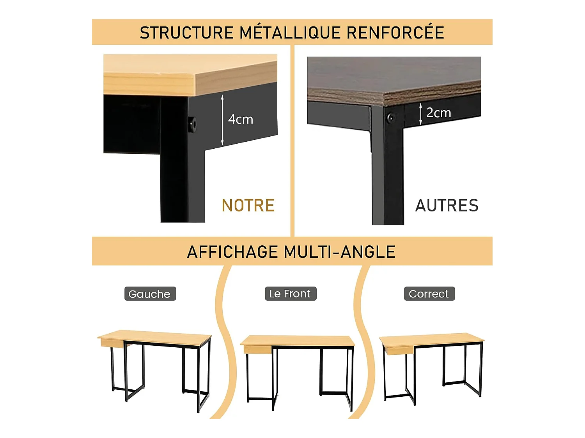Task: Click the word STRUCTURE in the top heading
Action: coord(186,32)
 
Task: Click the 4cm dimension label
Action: coord(240,120)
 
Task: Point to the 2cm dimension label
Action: coord(439,113)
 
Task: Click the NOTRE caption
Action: coord(248,205)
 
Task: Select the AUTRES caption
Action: coord(447,205)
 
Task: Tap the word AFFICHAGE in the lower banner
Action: coord(232,252)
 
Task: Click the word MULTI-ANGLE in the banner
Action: coord(340,252)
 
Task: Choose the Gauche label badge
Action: coord(150,294)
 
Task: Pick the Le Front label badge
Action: coord(291,294)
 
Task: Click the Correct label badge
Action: coord(429,294)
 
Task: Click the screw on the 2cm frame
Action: coord(391,117)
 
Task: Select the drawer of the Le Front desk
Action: coord(257,349)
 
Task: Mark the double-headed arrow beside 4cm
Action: coord(222,120)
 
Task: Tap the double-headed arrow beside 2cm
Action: coord(420,114)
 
